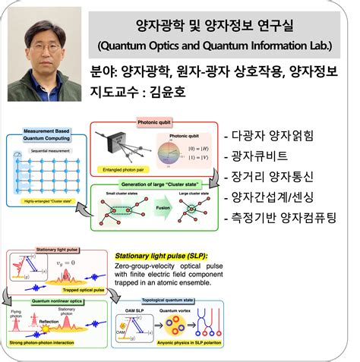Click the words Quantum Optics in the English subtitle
(x=149, y=47)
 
